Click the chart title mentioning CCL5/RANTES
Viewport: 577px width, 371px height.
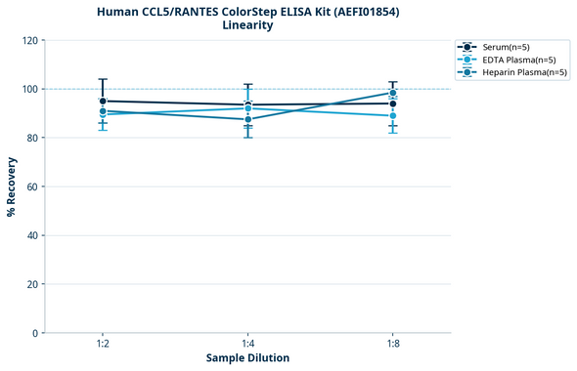[248, 12]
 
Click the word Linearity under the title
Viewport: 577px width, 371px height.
[248, 25]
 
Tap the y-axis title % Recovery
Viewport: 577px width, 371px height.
[12, 186]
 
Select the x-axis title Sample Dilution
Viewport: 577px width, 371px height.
[247, 358]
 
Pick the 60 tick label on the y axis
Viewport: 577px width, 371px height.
[32, 186]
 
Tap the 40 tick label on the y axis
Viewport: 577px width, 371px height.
[32, 235]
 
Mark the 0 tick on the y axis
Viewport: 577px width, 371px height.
[35, 333]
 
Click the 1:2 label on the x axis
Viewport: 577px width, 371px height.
[103, 343]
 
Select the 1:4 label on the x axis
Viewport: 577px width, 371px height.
[248, 343]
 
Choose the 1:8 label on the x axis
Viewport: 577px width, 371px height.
[393, 343]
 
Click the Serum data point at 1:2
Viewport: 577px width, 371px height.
[103, 102]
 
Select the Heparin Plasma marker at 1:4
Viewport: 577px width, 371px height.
[248, 119]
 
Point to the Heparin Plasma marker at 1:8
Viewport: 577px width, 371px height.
[393, 94]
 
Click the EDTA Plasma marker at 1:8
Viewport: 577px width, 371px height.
[393, 116]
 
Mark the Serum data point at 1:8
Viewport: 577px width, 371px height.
[393, 103]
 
